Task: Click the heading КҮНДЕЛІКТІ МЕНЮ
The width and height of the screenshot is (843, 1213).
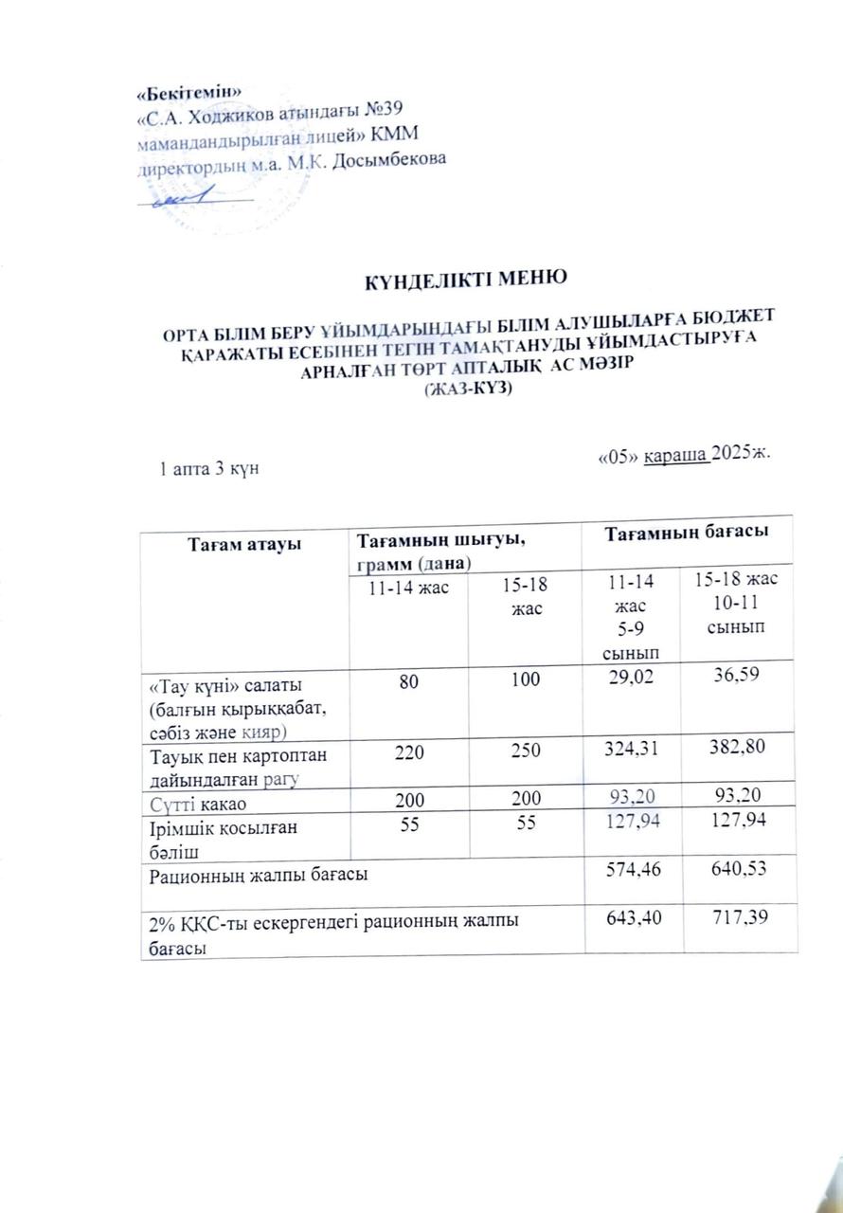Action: coord(466,279)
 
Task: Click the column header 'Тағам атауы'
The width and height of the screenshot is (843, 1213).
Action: coord(244,544)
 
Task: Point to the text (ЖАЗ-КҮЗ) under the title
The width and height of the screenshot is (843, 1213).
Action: coord(466,389)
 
